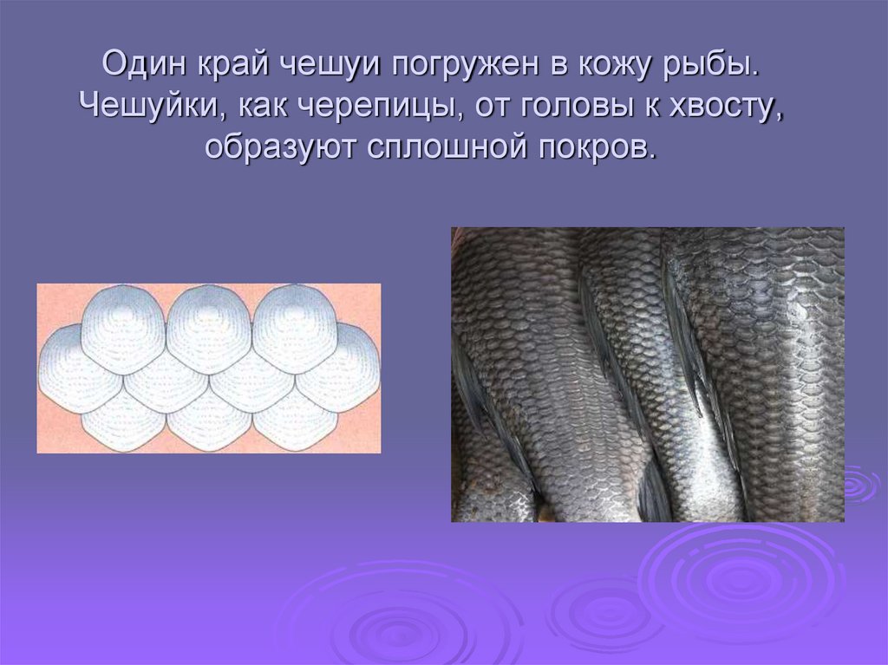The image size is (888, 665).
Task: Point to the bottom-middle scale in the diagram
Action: click(208, 421)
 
